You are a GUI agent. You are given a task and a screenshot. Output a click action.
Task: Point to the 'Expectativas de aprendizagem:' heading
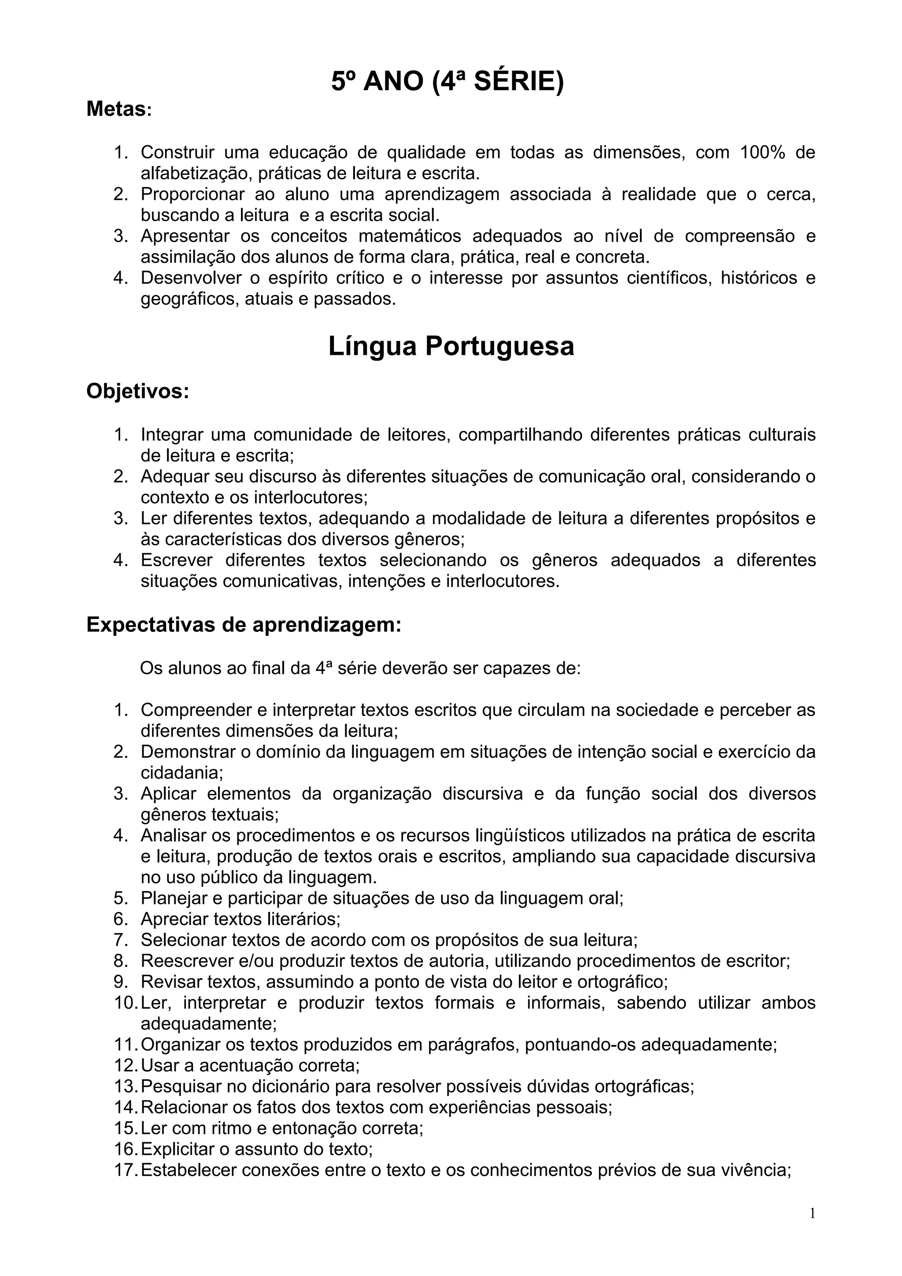(x=244, y=625)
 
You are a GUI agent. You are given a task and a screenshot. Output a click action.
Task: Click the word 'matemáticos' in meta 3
(x=409, y=236)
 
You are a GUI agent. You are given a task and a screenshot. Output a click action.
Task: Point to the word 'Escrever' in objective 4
(x=176, y=560)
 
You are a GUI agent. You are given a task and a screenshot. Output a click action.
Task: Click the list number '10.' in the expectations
(x=126, y=1003)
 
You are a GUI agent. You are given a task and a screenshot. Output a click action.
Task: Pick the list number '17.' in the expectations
(x=126, y=1170)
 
